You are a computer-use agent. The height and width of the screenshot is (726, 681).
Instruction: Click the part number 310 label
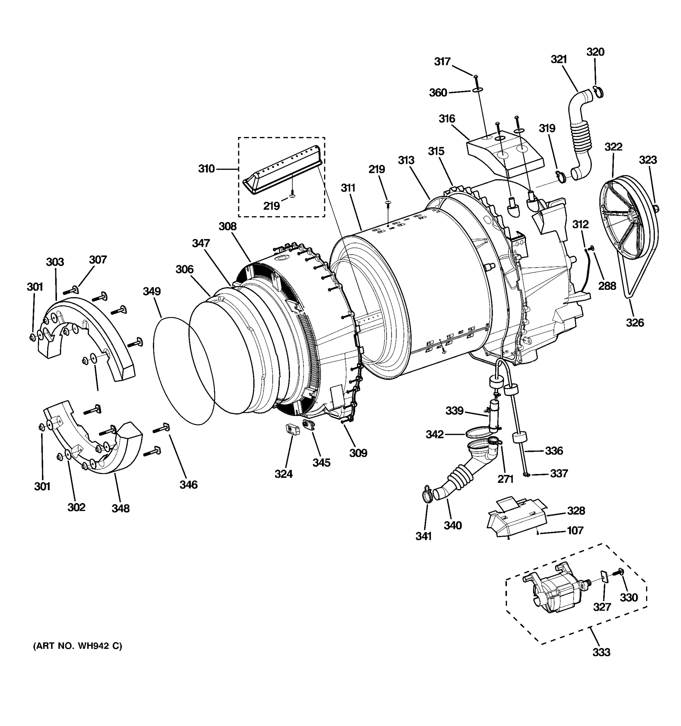pos(206,169)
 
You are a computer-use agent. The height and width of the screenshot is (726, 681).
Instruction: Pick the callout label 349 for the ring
pos(152,291)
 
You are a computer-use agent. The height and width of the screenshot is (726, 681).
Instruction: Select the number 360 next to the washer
pos(438,93)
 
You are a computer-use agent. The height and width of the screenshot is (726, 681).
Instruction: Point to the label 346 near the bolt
pos(189,485)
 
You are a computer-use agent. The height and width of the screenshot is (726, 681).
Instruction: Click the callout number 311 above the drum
pos(348,188)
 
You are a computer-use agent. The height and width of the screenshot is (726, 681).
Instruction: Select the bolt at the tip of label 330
pos(620,573)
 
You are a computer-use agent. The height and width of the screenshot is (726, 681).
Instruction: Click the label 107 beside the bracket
pos(575,530)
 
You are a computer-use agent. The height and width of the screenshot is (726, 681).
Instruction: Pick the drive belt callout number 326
pos(635,322)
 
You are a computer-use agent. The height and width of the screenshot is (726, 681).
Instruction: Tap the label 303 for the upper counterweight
pos(55,262)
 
